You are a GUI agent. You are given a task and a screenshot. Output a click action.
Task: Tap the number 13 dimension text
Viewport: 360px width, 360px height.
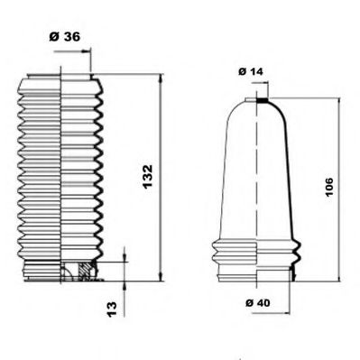point(111,308)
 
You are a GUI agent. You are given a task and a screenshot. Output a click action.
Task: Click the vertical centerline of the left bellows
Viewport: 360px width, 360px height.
point(60,171)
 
